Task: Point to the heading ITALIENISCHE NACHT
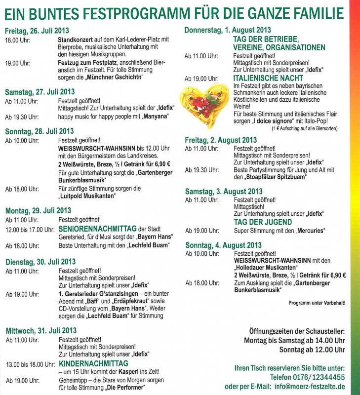[x=268, y=79]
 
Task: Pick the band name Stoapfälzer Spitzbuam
[x=272, y=177]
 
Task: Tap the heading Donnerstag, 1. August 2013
[x=227, y=30]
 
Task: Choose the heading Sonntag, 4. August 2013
[x=223, y=245]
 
